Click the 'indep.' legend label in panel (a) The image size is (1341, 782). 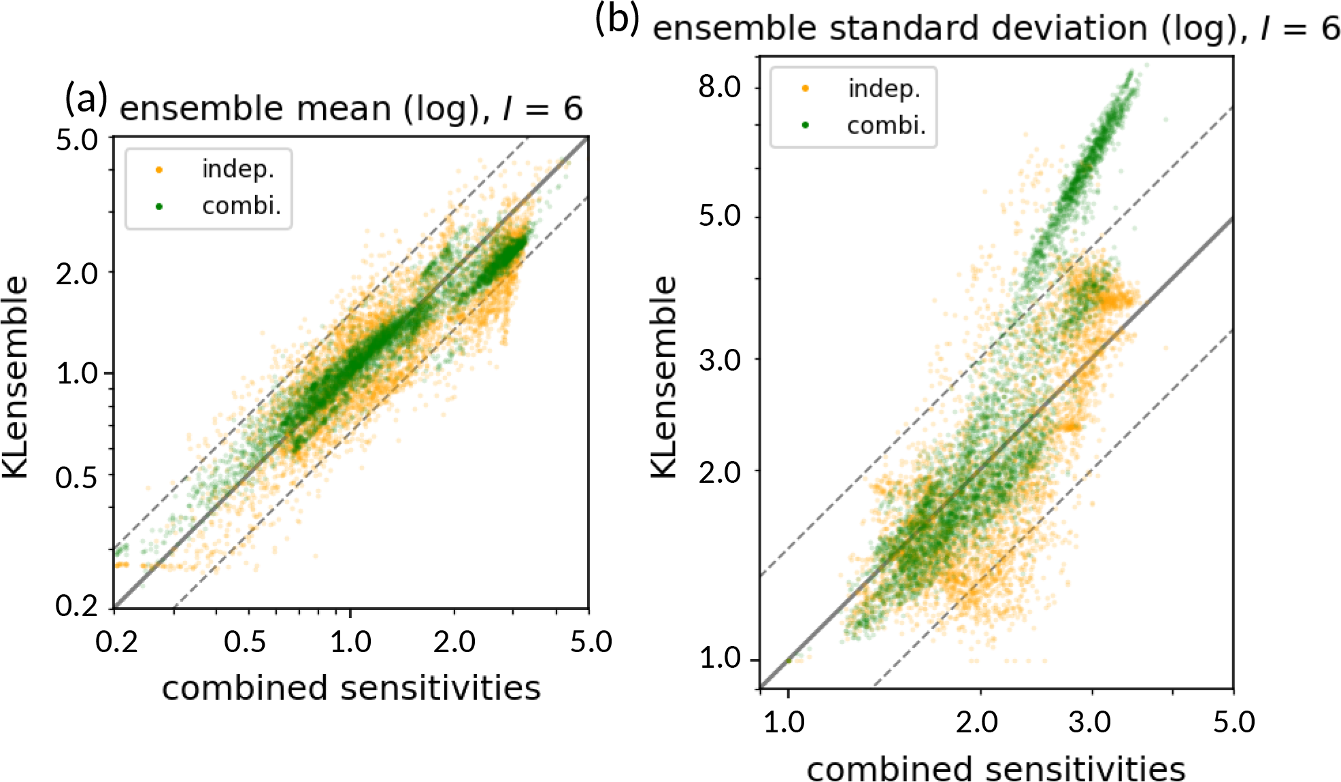(237, 169)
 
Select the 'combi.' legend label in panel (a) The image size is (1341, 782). (241, 205)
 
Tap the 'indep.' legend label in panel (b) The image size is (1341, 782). (884, 88)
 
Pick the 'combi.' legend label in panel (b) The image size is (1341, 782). (886, 125)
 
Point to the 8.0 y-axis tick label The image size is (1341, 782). (720, 87)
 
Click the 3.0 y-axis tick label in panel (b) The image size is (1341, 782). (720, 360)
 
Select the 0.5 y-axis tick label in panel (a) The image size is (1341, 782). (76, 478)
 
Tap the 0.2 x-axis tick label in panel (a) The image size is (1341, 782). (116, 642)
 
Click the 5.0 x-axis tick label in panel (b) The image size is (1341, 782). (1234, 722)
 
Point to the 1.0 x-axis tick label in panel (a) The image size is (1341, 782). (350, 642)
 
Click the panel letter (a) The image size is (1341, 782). (86, 99)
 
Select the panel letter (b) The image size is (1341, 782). (616, 18)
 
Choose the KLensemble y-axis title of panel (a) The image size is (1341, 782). (15, 377)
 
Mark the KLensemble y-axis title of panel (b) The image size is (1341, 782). (664, 377)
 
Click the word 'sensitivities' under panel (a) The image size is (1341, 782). (440, 688)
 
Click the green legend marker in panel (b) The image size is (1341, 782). (805, 125)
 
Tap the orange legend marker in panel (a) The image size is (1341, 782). (159, 169)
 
